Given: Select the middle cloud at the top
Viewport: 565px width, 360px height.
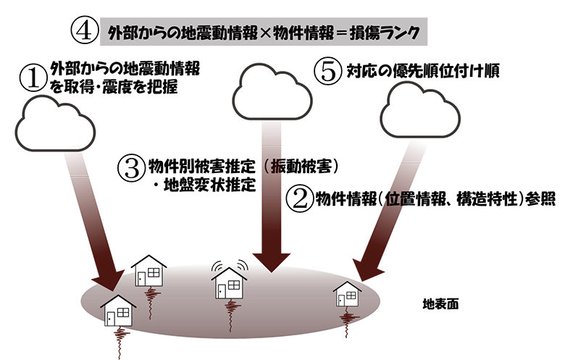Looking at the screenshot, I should pos(272,91).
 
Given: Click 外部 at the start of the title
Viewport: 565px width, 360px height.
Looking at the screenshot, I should pos(121,33).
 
